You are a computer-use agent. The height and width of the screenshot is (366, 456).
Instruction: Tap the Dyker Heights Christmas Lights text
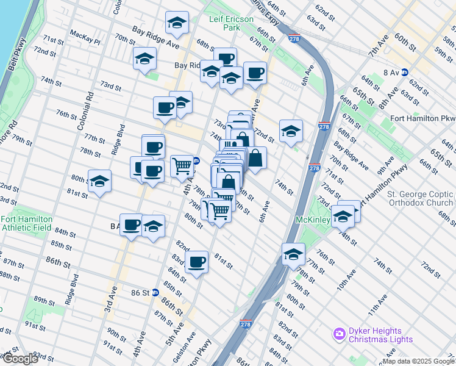[381, 335]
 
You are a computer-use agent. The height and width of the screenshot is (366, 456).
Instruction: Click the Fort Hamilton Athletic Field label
[26, 223]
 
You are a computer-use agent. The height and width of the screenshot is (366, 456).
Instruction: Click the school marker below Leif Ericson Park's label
[177, 23]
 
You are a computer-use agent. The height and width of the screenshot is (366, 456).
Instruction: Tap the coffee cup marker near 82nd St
[196, 262]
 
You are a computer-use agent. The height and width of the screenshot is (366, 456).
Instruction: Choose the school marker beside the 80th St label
[99, 182]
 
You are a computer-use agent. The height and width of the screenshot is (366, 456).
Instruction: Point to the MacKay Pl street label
[85, 34]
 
